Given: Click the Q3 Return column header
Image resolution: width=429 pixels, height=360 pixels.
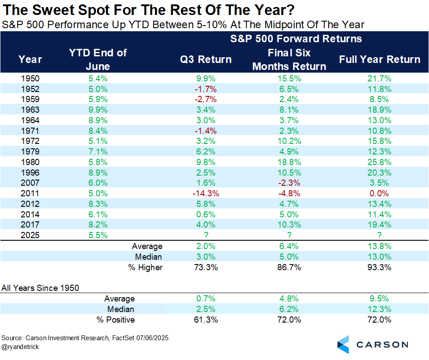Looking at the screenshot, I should click(206, 59).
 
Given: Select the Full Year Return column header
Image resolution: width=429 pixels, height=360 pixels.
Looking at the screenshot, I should click(380, 59).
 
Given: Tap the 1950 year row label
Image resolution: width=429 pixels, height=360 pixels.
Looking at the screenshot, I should click(30, 78).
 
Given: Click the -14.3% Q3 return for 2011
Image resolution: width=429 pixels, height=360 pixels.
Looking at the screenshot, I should click(206, 193).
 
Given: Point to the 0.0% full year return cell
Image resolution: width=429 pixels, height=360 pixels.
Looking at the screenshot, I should click(380, 193).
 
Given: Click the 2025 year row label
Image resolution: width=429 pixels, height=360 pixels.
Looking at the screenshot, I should click(30, 235).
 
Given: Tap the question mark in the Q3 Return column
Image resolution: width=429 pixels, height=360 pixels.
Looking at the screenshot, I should click(206, 235).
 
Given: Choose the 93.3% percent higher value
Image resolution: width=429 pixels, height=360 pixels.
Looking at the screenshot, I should click(380, 267).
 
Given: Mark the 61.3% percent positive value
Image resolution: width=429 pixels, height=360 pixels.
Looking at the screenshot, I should click(206, 320).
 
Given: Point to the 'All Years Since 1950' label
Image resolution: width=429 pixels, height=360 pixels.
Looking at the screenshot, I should click(40, 288).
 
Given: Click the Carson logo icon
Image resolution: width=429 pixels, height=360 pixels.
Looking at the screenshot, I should click(343, 344).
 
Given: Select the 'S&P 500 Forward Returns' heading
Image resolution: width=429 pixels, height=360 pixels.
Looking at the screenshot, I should click(296, 39).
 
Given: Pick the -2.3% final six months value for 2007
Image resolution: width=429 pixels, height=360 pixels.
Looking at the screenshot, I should click(290, 183).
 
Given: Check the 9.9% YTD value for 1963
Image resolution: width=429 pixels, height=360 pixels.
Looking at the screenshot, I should click(98, 110).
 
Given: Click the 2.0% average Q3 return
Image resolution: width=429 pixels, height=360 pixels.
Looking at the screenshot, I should click(206, 246).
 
